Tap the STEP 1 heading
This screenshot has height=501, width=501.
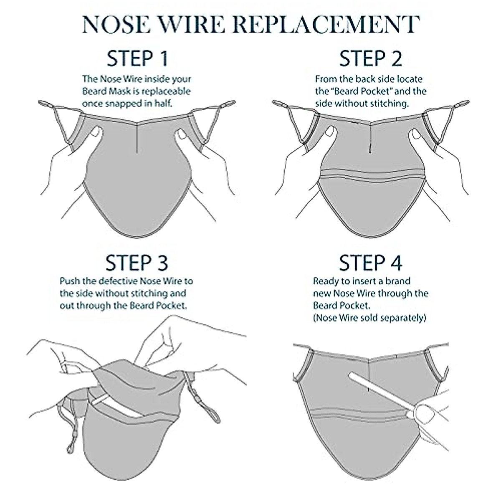point(137,58)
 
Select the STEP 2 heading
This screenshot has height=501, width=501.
point(371,58)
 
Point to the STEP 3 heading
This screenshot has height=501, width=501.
point(137,263)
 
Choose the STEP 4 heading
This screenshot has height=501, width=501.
point(371,263)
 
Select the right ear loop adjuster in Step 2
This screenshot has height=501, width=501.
point(461,104)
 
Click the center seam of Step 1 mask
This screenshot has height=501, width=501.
point(137,137)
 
